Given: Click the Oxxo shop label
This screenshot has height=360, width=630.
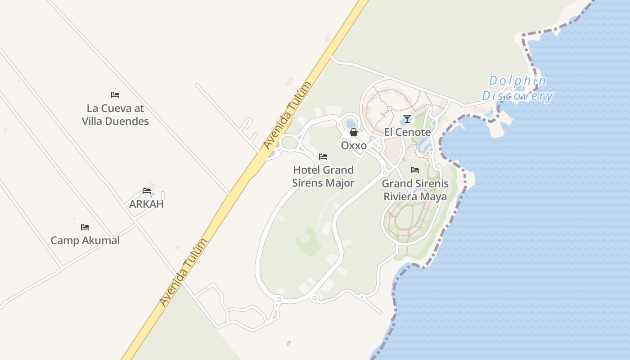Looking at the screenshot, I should coord(354,146).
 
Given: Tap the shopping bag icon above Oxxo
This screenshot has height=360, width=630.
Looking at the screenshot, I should coord(354,132).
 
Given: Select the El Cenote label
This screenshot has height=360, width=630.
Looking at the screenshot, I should coord(407,132).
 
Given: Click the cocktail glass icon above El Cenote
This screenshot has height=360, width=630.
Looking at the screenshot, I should coord(407,119).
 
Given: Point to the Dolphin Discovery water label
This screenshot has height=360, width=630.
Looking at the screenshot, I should coord(517,89).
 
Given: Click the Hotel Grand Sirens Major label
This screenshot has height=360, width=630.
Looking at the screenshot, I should coord(323,176).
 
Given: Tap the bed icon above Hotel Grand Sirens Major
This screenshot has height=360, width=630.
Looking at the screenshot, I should coord(323,157).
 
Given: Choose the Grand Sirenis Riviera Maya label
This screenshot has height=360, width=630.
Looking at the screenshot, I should coord(415,190).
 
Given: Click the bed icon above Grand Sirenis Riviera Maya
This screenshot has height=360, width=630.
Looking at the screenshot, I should coord(415,170).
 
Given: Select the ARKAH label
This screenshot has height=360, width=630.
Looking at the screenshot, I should coord(146,204).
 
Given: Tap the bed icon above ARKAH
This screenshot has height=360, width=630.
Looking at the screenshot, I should coord(147,191).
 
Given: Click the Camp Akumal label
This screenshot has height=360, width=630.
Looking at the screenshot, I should coord(85,240).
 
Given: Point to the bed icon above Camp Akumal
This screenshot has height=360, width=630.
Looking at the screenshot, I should coord(85,227).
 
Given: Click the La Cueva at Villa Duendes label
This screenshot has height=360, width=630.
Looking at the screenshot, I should coord(115,115).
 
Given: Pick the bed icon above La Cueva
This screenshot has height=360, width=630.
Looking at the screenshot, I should coord(115,95).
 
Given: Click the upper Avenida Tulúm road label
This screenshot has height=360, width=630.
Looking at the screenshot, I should coord(288,116).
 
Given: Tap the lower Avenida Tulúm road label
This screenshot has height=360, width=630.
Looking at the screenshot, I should coord(184,272).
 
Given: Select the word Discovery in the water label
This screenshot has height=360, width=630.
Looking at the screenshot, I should coord(517,96).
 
